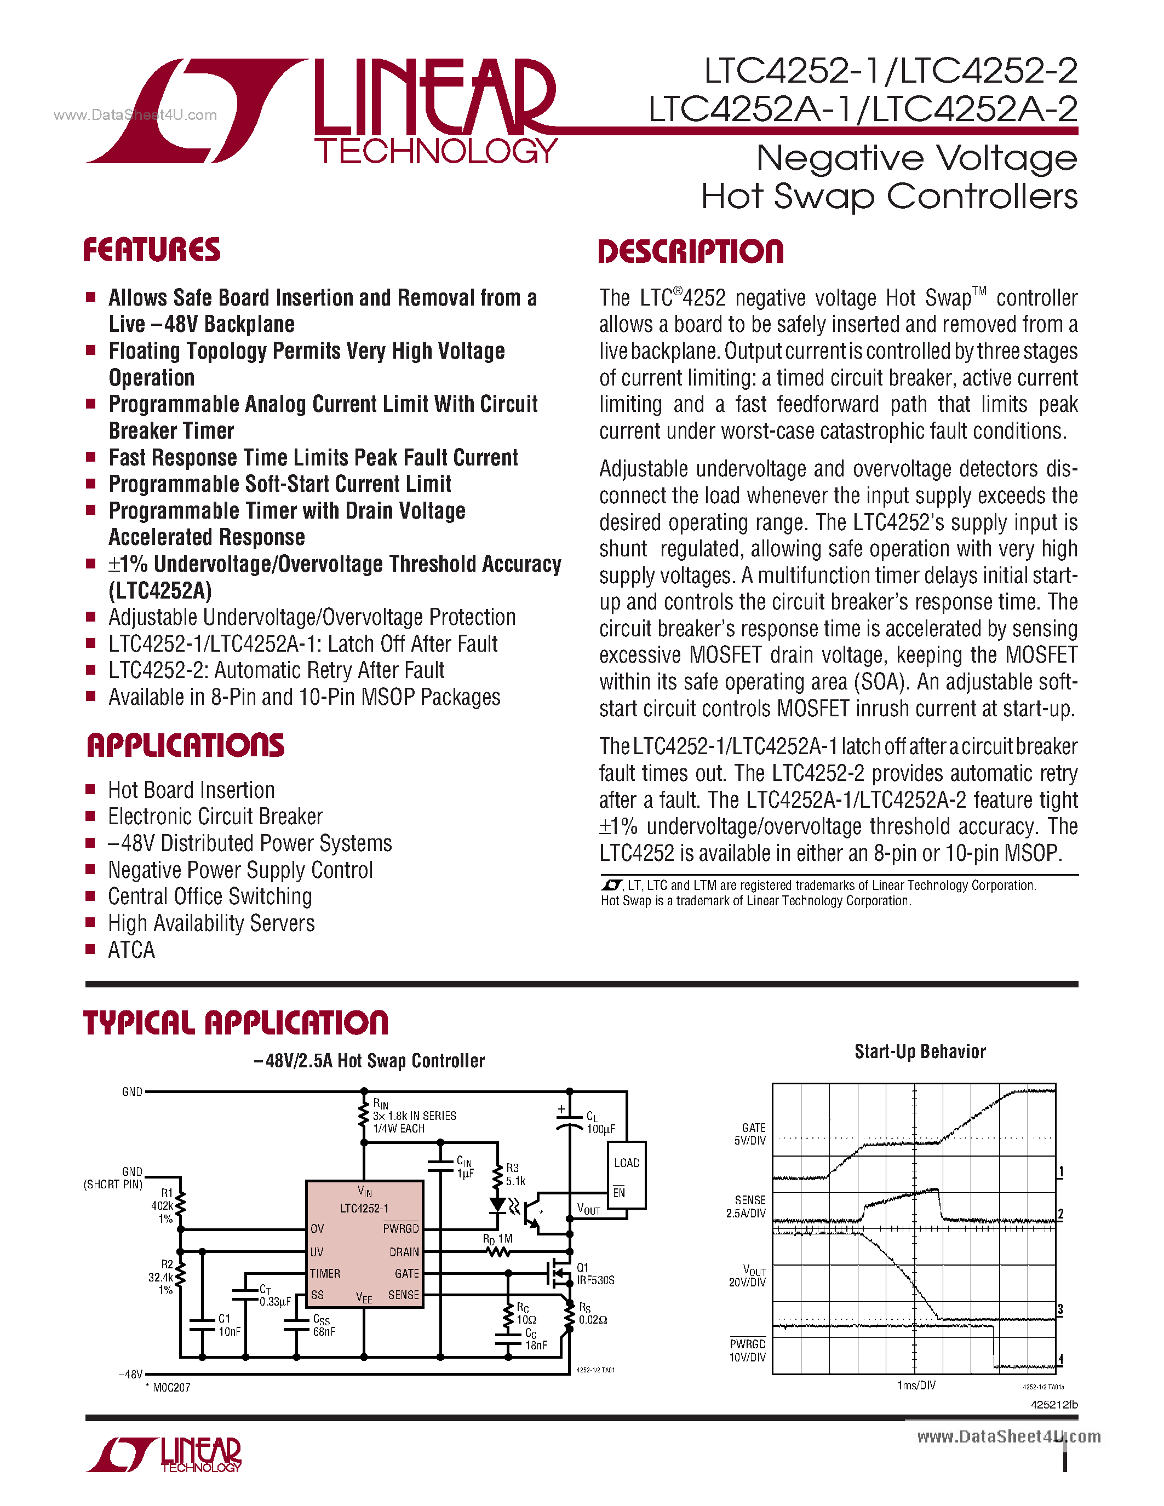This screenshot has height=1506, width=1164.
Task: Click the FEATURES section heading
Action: pos(152,250)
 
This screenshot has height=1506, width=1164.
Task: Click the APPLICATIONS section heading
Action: pos(186,746)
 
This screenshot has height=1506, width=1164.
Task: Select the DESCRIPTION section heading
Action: pos(690,252)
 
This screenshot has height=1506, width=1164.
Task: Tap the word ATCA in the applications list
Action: pos(131,950)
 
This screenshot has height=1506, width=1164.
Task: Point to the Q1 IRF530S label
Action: pos(594,1274)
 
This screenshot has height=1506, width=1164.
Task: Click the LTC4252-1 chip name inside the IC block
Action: pos(364,1208)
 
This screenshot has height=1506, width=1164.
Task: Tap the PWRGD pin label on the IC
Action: pos(400,1229)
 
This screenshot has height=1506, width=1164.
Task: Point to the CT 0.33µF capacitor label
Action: pos(274,1295)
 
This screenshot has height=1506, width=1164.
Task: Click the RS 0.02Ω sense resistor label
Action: pos(592,1314)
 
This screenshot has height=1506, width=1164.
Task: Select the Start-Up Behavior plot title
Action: pos(920,1051)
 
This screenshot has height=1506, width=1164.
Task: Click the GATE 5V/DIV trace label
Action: pos(750,1134)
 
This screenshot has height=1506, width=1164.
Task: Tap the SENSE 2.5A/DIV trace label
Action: pos(747,1207)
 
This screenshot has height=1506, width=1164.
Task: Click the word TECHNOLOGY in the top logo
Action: pos(436,151)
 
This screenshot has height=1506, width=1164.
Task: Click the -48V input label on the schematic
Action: pos(130,1373)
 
